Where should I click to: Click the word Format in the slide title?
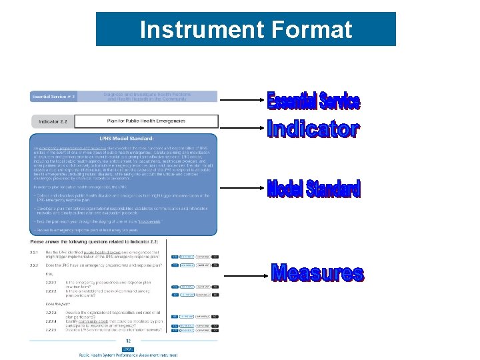(311, 30)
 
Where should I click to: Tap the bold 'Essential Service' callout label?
(313, 101)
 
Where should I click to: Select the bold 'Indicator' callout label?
(313, 129)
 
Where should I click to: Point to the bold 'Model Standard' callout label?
(313, 189)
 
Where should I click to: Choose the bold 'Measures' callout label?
(317, 273)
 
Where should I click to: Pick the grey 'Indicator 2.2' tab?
(55, 121)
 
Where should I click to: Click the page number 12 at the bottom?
(128, 340)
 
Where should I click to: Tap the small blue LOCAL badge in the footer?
(128, 349)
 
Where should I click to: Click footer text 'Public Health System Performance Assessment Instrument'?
(129, 355)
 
